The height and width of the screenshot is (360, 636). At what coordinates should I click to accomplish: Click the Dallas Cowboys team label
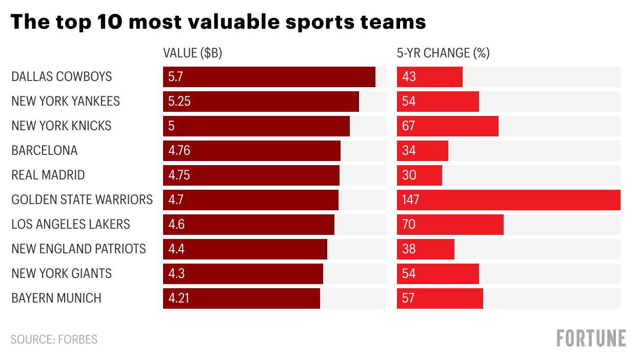[x=62, y=77]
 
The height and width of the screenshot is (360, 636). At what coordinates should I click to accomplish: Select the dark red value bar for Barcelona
[x=251, y=151]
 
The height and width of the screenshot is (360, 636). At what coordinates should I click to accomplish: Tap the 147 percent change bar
[x=508, y=200]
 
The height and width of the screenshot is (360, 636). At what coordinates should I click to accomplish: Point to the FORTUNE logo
[x=591, y=338]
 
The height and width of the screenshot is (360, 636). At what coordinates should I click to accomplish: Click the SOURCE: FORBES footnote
[x=54, y=339]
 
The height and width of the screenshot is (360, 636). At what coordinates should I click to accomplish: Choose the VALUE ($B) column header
[x=192, y=53]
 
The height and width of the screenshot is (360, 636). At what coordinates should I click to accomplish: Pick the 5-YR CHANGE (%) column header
[x=443, y=53]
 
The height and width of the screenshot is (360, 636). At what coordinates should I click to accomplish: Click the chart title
[x=218, y=23]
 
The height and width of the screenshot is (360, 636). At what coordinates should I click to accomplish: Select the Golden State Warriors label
[x=82, y=200]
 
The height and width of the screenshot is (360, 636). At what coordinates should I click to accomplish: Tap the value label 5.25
[x=180, y=102]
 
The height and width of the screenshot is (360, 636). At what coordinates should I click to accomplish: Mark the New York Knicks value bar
[x=256, y=126]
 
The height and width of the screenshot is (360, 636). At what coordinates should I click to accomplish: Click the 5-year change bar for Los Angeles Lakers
[x=450, y=225]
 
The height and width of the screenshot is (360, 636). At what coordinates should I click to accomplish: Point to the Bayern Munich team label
[x=56, y=298]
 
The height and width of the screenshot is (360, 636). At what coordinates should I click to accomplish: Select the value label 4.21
[x=179, y=298]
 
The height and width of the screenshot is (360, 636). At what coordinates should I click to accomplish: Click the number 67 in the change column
[x=409, y=126]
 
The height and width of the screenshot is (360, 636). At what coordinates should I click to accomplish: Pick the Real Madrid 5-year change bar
[x=419, y=175]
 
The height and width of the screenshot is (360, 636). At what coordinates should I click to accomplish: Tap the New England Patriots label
[x=78, y=249]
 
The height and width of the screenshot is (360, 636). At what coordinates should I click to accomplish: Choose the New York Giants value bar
[x=243, y=274]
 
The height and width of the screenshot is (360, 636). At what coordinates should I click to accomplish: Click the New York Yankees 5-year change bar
[x=438, y=102]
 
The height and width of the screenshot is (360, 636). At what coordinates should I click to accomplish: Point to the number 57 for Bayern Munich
[x=409, y=298]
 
